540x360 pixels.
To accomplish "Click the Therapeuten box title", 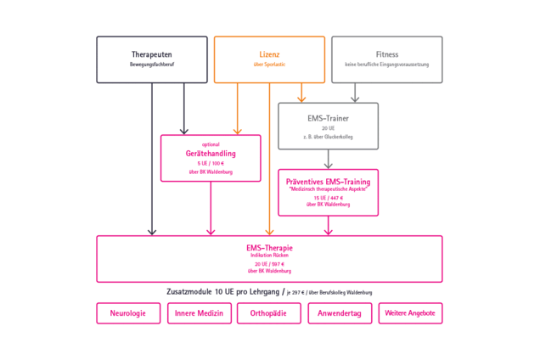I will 152,54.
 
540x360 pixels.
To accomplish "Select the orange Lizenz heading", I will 269,54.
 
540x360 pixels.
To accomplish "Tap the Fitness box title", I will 386,54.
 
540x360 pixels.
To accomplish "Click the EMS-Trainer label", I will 328,118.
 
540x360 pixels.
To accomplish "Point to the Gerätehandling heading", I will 211,153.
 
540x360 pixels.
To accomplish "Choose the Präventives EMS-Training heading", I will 328,181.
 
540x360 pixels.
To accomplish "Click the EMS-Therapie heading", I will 269,248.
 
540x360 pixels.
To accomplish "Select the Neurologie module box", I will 128,313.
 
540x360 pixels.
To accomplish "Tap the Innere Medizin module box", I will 199,313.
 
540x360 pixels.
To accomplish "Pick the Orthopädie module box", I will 269,313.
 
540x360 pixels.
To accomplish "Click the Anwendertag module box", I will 340,313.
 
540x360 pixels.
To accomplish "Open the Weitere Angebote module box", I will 410,313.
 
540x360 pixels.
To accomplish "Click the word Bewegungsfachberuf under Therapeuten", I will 152,65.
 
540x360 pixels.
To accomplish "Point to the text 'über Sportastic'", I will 269,65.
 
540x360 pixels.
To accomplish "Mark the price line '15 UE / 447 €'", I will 328,198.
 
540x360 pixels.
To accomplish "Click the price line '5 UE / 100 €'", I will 211,163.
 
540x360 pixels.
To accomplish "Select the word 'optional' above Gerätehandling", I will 211,144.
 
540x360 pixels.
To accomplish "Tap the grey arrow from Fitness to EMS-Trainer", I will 355,93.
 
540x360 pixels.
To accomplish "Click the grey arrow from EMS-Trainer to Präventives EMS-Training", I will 328,160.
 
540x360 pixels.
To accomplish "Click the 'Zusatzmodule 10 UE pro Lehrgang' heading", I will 223,291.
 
